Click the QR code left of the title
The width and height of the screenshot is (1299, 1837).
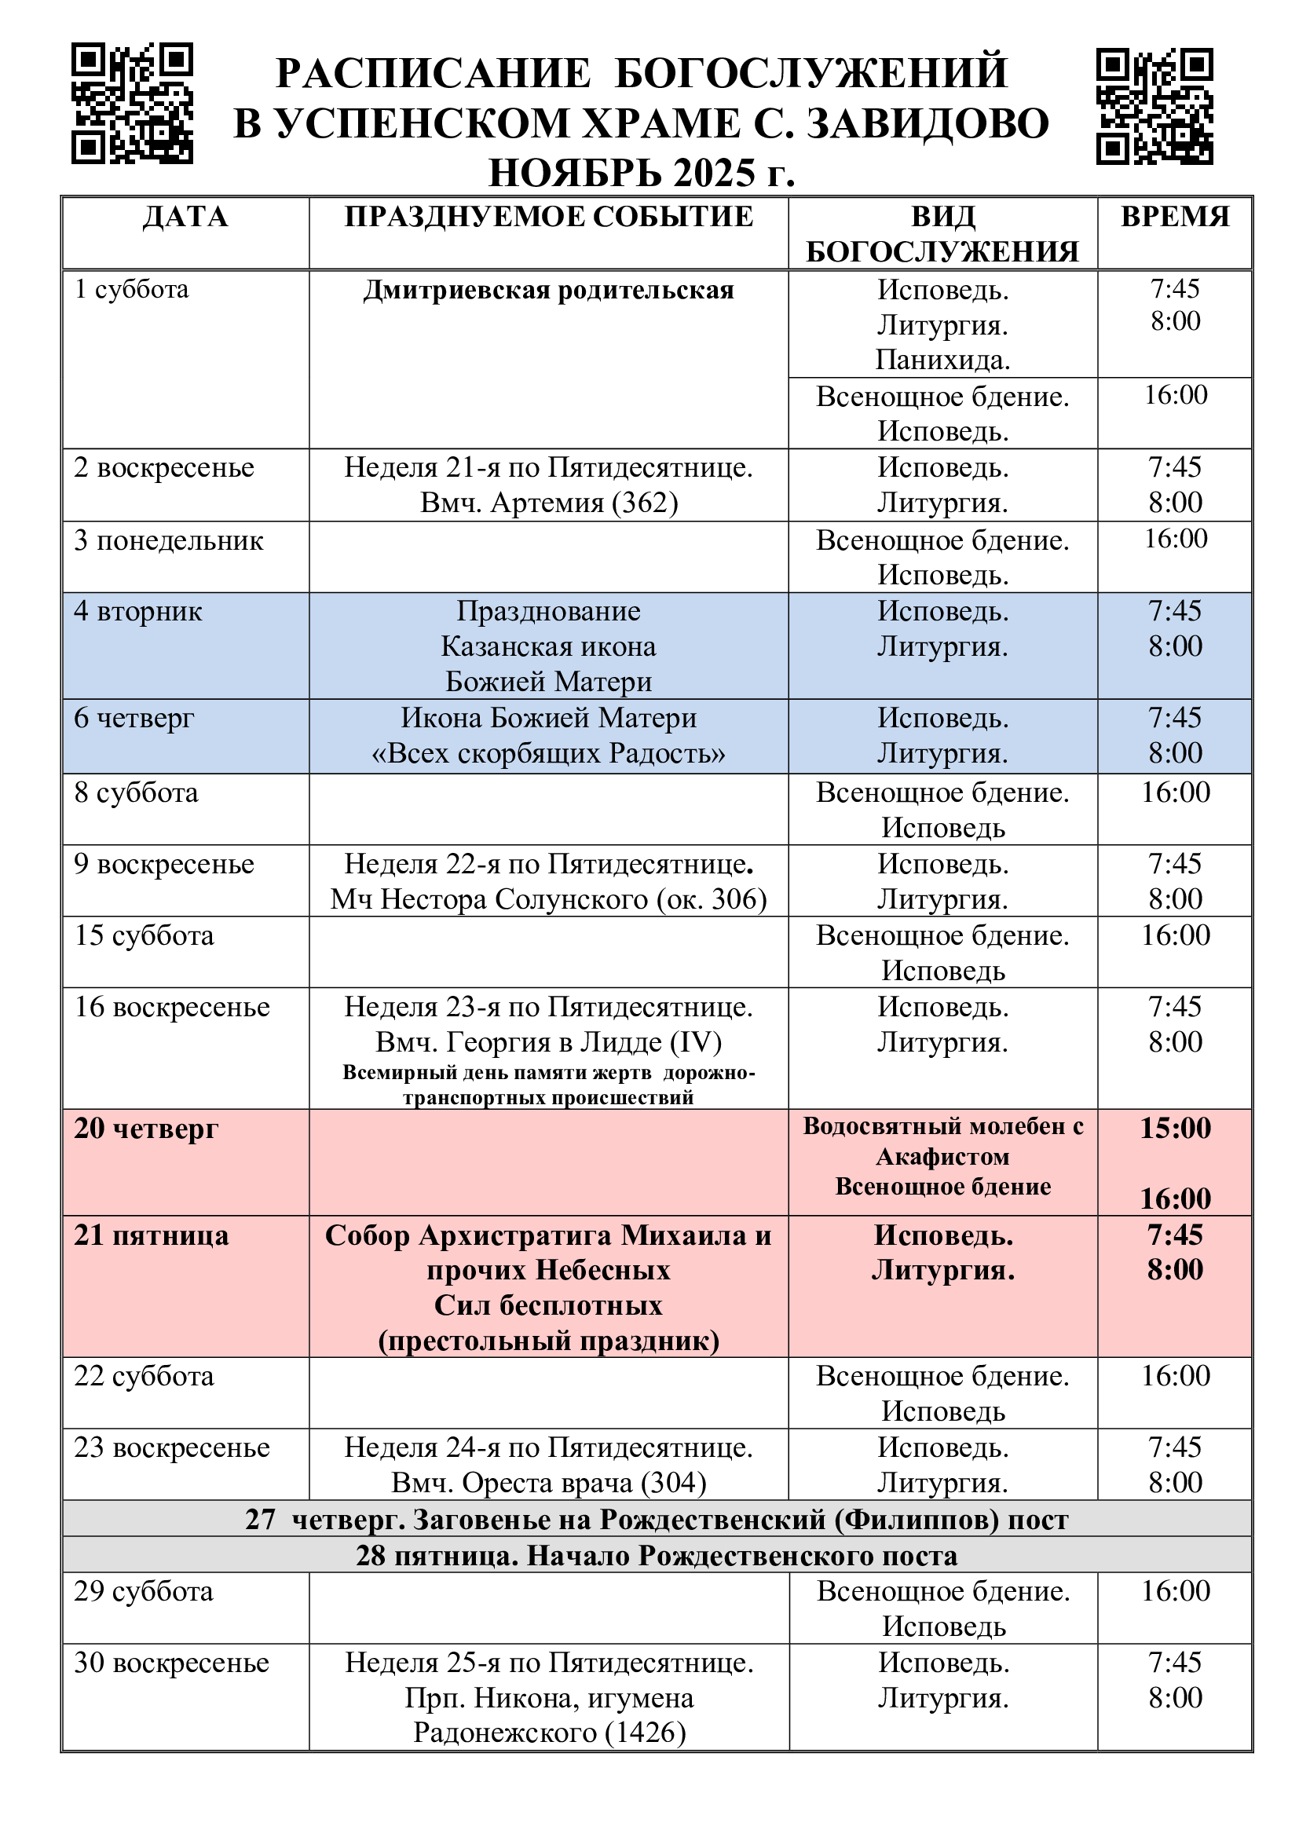point(132,103)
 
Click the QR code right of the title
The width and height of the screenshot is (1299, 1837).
point(1154,106)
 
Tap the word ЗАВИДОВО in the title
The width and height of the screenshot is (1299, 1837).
point(927,124)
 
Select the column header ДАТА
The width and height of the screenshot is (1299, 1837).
point(185,218)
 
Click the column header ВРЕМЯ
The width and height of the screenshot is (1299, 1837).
point(1174,218)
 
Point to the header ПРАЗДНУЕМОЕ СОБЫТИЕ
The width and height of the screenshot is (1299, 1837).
point(549,218)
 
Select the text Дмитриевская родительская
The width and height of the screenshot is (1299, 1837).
point(549,290)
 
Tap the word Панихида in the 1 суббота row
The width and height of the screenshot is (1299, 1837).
point(942,360)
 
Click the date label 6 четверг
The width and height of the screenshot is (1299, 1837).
point(134,718)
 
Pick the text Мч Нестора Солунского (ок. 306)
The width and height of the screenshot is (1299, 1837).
point(549,899)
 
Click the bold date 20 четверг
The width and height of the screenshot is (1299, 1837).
point(145,1128)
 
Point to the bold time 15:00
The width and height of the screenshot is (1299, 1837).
point(1174,1128)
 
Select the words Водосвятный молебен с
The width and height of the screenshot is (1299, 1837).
point(942,1126)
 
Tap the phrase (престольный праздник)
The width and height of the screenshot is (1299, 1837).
point(549,1340)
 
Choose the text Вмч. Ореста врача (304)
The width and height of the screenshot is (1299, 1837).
point(549,1483)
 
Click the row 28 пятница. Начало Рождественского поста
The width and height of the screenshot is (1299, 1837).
point(656,1555)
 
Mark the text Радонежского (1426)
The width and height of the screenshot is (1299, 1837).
point(549,1733)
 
